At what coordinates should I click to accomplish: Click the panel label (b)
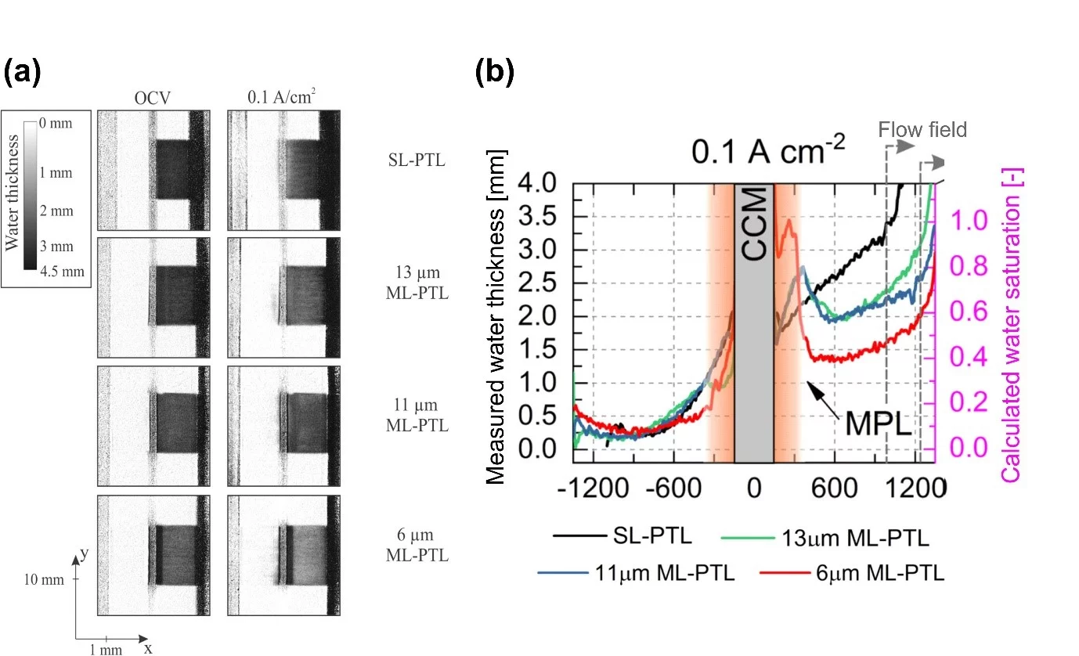[495, 72]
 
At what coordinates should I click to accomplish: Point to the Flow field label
[922, 129]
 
